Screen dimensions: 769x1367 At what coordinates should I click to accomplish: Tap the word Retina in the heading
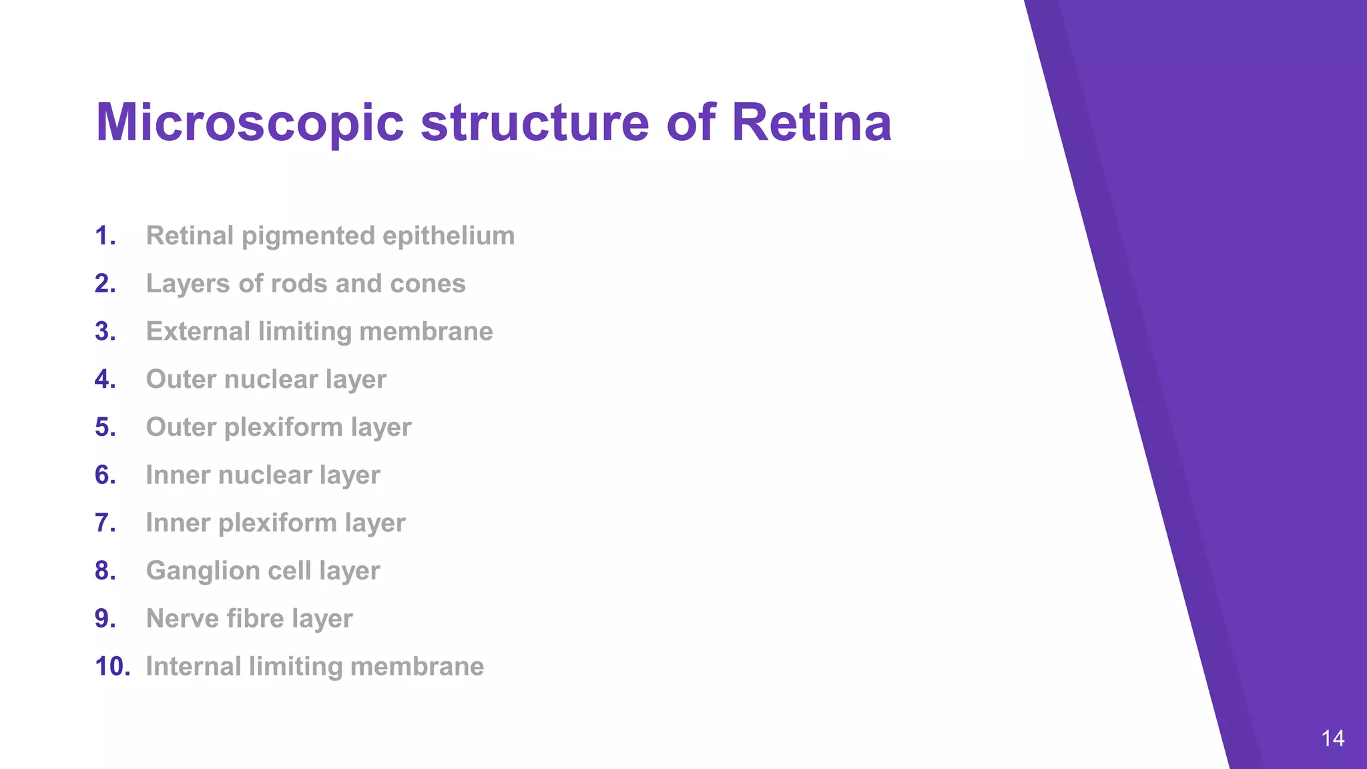[811, 123]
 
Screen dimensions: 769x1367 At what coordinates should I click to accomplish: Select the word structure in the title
[535, 123]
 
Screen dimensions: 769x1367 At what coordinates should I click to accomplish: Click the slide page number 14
[1332, 738]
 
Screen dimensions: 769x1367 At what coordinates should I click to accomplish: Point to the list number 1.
[105, 236]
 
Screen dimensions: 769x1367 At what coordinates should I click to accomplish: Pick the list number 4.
[105, 379]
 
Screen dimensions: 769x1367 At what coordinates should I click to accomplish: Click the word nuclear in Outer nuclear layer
[272, 379]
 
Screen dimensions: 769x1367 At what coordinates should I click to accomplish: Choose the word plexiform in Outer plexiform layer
[283, 427]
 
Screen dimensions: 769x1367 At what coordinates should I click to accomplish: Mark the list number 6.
[105, 475]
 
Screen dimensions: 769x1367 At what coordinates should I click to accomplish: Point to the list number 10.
[112, 666]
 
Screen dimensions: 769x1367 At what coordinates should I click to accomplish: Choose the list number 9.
[105, 619]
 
